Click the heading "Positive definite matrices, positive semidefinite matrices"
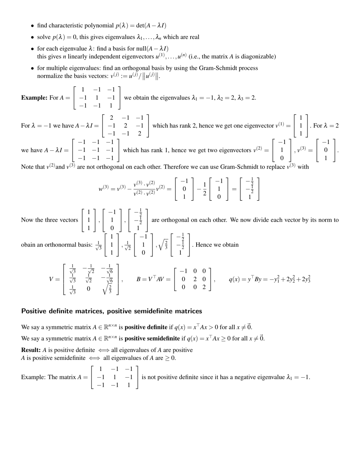[111, 311]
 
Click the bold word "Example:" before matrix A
[34, 98]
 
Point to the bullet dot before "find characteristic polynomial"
[32, 26]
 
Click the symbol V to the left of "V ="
[51, 279]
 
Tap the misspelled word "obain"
[29, 245]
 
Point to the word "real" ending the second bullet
[193, 37]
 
